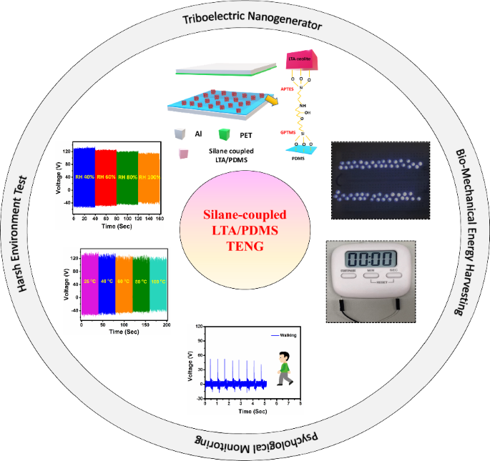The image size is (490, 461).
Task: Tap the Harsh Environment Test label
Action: click(24, 231)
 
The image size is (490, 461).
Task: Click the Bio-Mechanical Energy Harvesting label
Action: click(464, 231)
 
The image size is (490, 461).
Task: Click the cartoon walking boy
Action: click(285, 368)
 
